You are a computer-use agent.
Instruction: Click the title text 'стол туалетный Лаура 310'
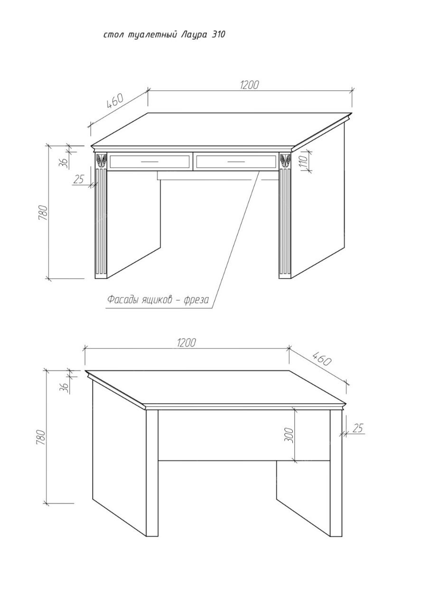click(164, 35)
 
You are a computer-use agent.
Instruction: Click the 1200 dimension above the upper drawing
click(250, 85)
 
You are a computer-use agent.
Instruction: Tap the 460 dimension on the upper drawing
click(115, 101)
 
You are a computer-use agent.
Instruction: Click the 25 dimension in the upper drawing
click(79, 179)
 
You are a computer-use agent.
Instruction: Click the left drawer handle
click(149, 161)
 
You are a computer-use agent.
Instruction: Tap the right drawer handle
click(236, 161)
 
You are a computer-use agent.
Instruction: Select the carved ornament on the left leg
click(102, 161)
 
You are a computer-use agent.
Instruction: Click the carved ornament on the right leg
click(285, 161)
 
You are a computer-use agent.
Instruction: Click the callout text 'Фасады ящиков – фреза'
click(158, 300)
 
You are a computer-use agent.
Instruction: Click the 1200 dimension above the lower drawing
click(187, 342)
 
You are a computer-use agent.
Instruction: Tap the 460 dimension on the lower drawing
click(322, 359)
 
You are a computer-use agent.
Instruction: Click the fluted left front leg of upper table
click(101, 223)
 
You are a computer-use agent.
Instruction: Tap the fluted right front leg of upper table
click(285, 223)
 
